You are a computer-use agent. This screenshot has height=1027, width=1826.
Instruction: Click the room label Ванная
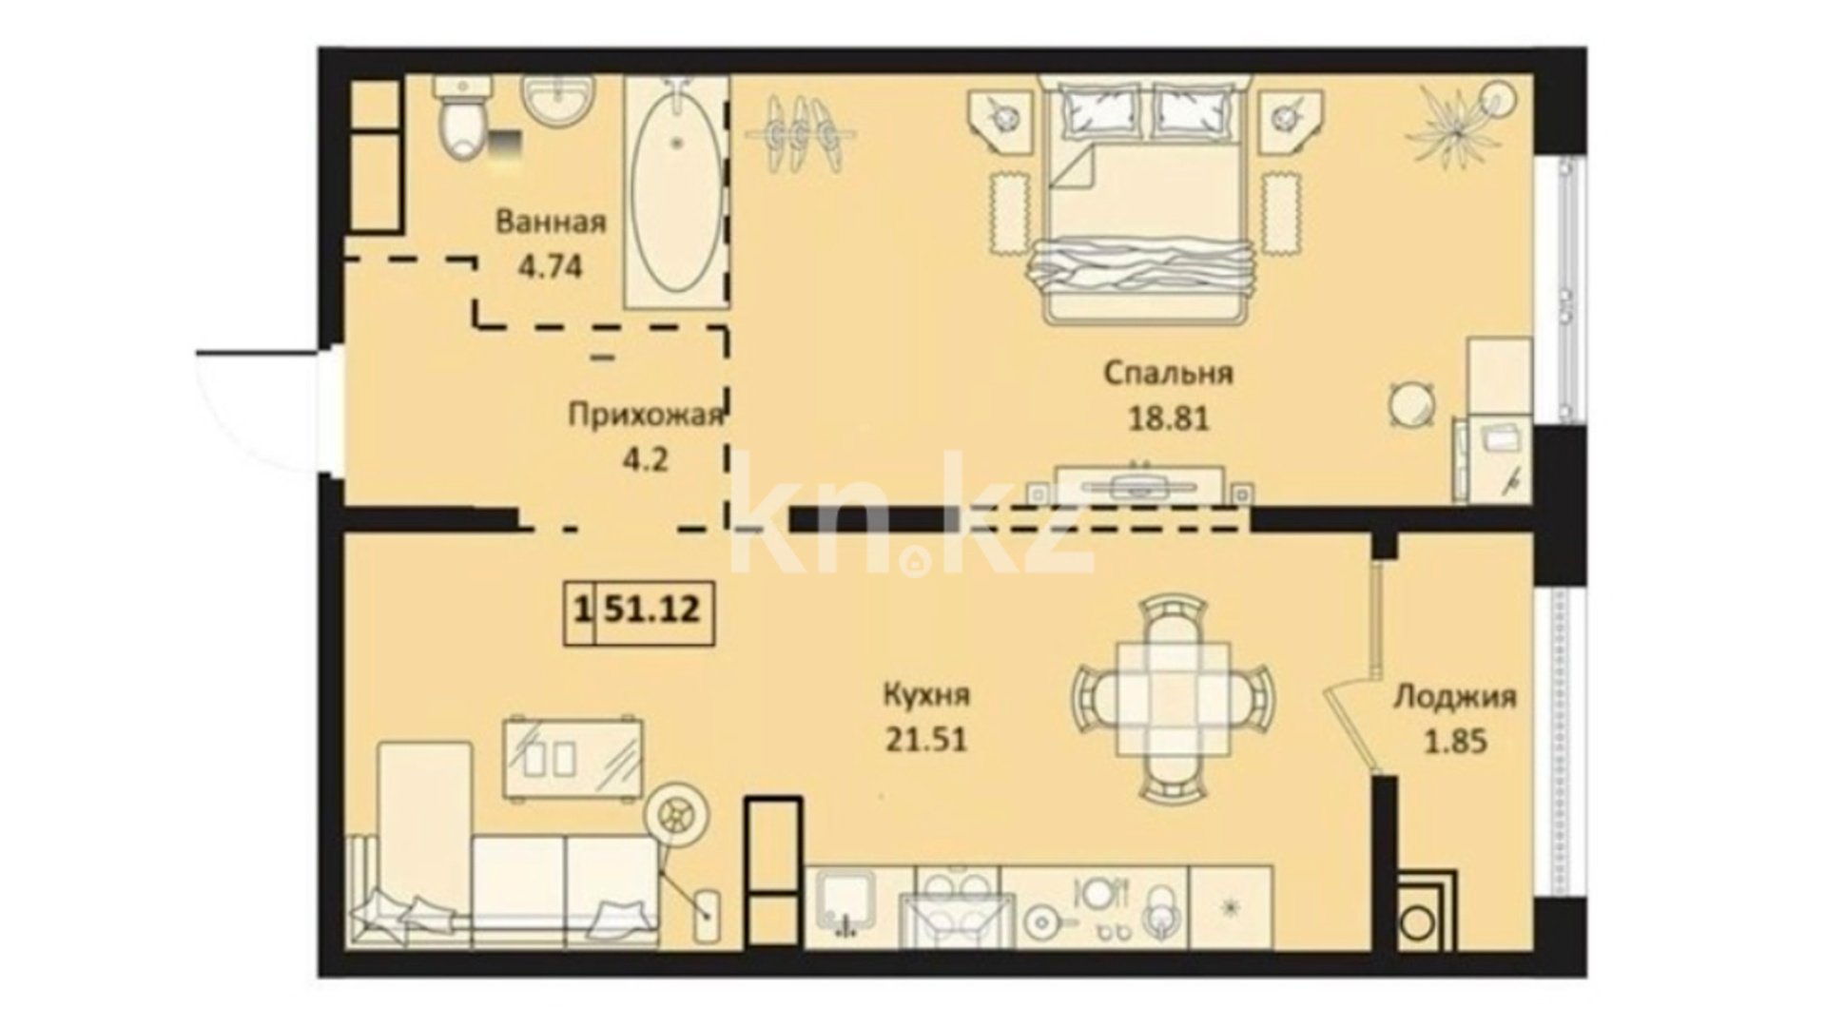[x=551, y=223]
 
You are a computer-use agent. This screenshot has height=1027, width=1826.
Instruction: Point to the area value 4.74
[x=550, y=266]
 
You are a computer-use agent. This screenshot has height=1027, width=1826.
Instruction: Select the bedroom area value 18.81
[x=1169, y=417]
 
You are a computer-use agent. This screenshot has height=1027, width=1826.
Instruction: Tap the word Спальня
[x=1168, y=373]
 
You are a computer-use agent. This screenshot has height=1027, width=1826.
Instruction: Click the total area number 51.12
[x=652, y=609]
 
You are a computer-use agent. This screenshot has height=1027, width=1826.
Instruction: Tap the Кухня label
[x=927, y=695]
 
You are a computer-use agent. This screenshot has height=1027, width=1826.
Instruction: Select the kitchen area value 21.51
[x=926, y=739]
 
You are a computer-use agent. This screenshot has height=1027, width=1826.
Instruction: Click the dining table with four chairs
[x=1174, y=698]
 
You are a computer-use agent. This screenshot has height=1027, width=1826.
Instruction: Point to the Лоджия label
[x=1455, y=697]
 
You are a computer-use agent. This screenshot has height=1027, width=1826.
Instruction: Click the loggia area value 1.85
[x=1455, y=741]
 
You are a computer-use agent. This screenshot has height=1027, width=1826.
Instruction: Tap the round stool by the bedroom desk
[x=1411, y=403]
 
